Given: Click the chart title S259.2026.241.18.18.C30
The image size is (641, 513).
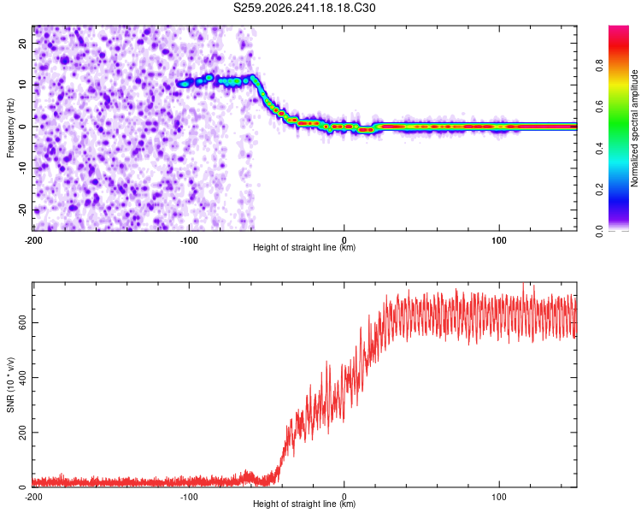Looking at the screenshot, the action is [304, 8].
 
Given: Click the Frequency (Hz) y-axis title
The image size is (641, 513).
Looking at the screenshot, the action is [10, 128].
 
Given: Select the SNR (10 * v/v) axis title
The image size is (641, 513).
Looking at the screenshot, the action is [10, 385].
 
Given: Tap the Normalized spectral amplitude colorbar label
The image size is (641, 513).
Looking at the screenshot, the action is [634, 128].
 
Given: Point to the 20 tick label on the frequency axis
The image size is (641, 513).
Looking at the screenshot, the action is [22, 43].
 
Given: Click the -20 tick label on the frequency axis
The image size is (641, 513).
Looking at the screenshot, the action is [22, 209].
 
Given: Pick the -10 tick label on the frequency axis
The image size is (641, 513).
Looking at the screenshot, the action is [22, 168].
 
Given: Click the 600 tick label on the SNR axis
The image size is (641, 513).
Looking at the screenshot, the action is [22, 323].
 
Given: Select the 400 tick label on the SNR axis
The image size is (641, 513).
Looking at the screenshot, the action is [22, 378].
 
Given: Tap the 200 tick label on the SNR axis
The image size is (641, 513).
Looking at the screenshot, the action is [22, 433].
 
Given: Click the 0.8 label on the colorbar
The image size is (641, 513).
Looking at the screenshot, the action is [599, 66].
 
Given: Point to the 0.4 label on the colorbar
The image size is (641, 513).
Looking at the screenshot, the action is [599, 149].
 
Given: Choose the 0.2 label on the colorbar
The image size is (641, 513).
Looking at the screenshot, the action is [599, 190].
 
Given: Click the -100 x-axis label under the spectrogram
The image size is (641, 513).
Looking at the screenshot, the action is [189, 240].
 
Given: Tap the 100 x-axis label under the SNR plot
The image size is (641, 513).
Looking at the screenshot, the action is [499, 497].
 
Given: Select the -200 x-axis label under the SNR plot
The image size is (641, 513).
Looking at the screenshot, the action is [33, 497].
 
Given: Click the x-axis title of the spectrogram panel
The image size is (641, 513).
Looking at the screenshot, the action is [304, 247].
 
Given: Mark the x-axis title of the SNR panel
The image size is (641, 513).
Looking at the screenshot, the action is [304, 504].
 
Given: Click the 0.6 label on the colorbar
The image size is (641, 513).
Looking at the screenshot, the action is [599, 107].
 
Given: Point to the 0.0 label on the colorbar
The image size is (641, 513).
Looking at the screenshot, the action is [599, 232].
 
